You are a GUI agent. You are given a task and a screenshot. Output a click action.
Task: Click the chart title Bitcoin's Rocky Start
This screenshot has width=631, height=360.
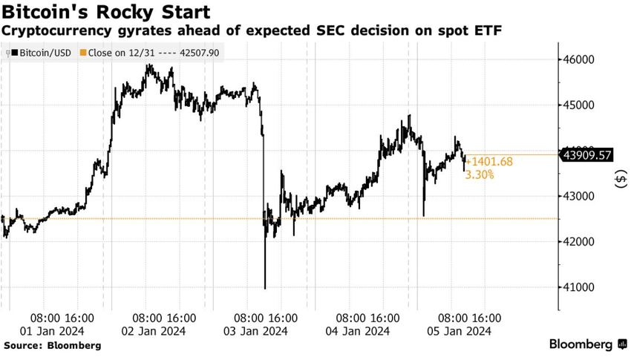pyautogui.click(x=104, y=13)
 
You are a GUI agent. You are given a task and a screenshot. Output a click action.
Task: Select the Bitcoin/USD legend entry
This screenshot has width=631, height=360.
pyautogui.click(x=41, y=53)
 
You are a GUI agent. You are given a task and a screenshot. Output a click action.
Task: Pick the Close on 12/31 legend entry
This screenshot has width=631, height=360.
pyautogui.click(x=151, y=53)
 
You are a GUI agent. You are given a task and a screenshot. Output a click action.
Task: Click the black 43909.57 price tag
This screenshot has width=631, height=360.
pyautogui.click(x=587, y=154)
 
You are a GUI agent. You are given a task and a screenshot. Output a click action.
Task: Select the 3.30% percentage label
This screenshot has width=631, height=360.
pyautogui.click(x=480, y=175)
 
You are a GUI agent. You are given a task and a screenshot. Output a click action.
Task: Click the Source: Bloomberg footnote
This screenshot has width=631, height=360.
pyautogui.click(x=52, y=346)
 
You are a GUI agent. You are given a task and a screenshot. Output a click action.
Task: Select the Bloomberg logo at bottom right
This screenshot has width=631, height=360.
pyautogui.click(x=584, y=344)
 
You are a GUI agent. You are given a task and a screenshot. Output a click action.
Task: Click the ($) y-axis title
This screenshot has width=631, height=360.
pyautogui.click(x=621, y=180)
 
